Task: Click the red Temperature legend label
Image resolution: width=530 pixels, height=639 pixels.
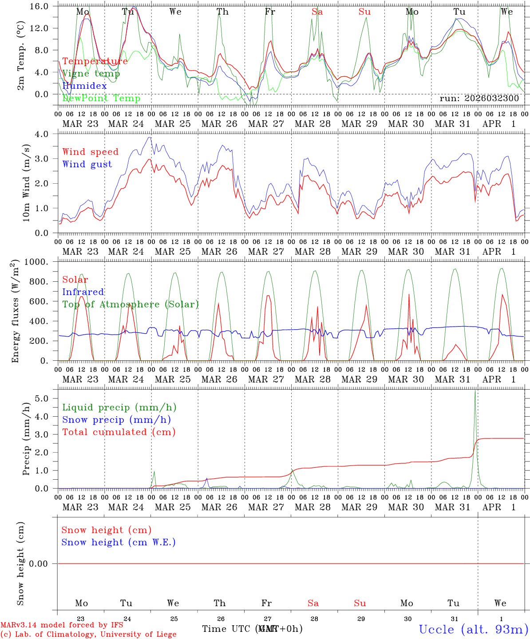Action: coord(95,61)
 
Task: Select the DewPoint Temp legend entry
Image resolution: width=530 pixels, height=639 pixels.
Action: coord(101,99)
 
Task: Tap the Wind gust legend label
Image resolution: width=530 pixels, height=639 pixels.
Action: coord(87,164)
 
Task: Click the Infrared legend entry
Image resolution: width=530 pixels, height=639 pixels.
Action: coord(83,292)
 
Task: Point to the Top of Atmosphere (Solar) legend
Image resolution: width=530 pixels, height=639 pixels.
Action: coord(131,304)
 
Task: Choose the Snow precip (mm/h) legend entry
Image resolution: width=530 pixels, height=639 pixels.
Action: coord(116,420)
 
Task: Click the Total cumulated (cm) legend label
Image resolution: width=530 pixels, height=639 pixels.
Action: coord(119,432)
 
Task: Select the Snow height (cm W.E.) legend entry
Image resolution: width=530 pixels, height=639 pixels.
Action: coord(119,542)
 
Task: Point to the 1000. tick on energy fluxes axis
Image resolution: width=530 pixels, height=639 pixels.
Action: coord(38,262)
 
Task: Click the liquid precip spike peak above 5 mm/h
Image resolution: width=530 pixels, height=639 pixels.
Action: coord(475,390)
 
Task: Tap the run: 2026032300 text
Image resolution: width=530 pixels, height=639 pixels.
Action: coord(479,99)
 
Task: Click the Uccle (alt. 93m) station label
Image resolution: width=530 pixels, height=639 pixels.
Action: coord(473,629)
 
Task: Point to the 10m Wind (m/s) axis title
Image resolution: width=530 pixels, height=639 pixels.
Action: coord(26,183)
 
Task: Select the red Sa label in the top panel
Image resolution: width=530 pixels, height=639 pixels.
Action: coord(317,12)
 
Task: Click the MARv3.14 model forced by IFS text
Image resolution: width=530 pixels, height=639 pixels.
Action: coord(62,625)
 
